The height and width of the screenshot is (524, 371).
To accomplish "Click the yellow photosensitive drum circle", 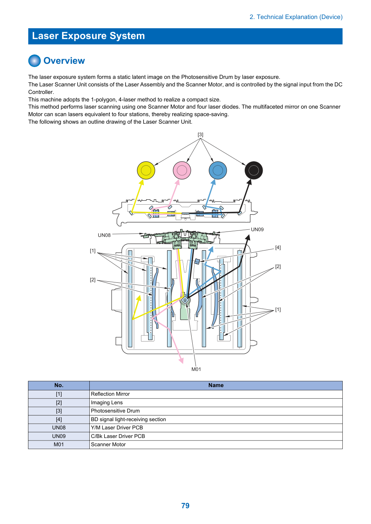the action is pyautogui.click(x=146, y=170).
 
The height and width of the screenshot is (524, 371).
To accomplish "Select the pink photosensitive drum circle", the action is pyautogui.click(x=182, y=170).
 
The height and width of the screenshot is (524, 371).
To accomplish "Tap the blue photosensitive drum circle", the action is pyautogui.click(x=218, y=170).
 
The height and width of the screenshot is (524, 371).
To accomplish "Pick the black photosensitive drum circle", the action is pyautogui.click(x=254, y=170).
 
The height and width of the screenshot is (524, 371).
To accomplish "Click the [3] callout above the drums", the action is pyautogui.click(x=200, y=134).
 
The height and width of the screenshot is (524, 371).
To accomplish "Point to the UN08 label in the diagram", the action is pyautogui.click(x=104, y=235).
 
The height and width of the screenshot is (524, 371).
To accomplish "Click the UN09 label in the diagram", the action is pyautogui.click(x=257, y=229).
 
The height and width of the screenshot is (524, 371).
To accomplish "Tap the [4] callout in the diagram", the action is pyautogui.click(x=278, y=248).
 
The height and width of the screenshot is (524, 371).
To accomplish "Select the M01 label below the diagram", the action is pyautogui.click(x=196, y=369).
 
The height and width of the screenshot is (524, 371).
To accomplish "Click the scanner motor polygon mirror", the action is pyautogui.click(x=185, y=300).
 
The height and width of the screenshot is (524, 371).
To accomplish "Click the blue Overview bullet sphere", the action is pyautogui.click(x=34, y=61).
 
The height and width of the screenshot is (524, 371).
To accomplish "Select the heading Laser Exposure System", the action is pyautogui.click(x=88, y=36).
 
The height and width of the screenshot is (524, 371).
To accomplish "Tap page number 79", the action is pyautogui.click(x=185, y=505).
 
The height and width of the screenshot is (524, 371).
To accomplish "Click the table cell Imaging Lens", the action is pyautogui.click(x=107, y=402).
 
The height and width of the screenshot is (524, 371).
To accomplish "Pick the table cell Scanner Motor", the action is pyautogui.click(x=108, y=444).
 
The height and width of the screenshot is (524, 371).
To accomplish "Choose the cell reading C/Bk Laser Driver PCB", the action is pyautogui.click(x=118, y=436).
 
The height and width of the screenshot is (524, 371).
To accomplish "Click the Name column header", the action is pyautogui.click(x=216, y=385).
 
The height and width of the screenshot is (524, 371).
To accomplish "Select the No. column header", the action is pyautogui.click(x=59, y=385).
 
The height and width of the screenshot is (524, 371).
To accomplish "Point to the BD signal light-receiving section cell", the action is pyautogui.click(x=128, y=419).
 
